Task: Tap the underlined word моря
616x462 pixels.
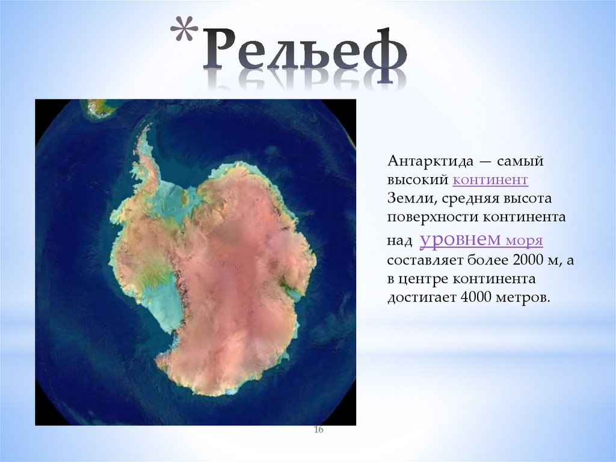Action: point(524,241)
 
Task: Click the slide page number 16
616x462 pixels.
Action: point(319,429)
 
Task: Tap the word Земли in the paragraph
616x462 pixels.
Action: point(407,198)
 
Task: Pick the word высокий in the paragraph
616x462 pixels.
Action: point(417,179)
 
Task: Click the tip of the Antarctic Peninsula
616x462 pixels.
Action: point(145,128)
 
